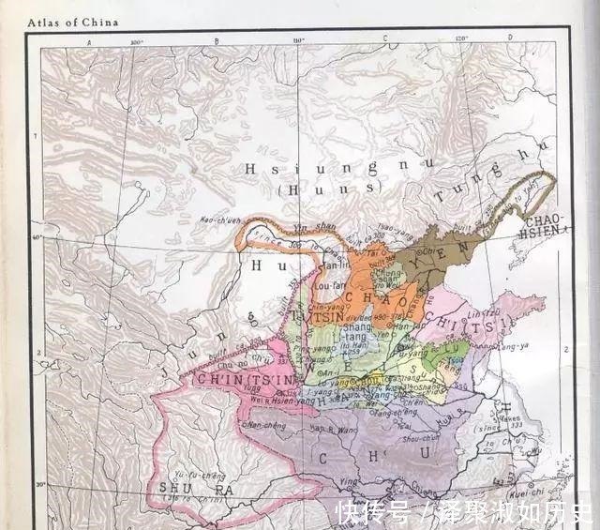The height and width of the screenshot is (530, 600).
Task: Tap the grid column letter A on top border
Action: pyautogui.click(x=89, y=42)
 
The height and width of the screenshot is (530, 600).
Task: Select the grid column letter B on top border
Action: pyautogui.click(x=217, y=42)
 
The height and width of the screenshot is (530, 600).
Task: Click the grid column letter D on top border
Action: pyautogui.click(x=510, y=38)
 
